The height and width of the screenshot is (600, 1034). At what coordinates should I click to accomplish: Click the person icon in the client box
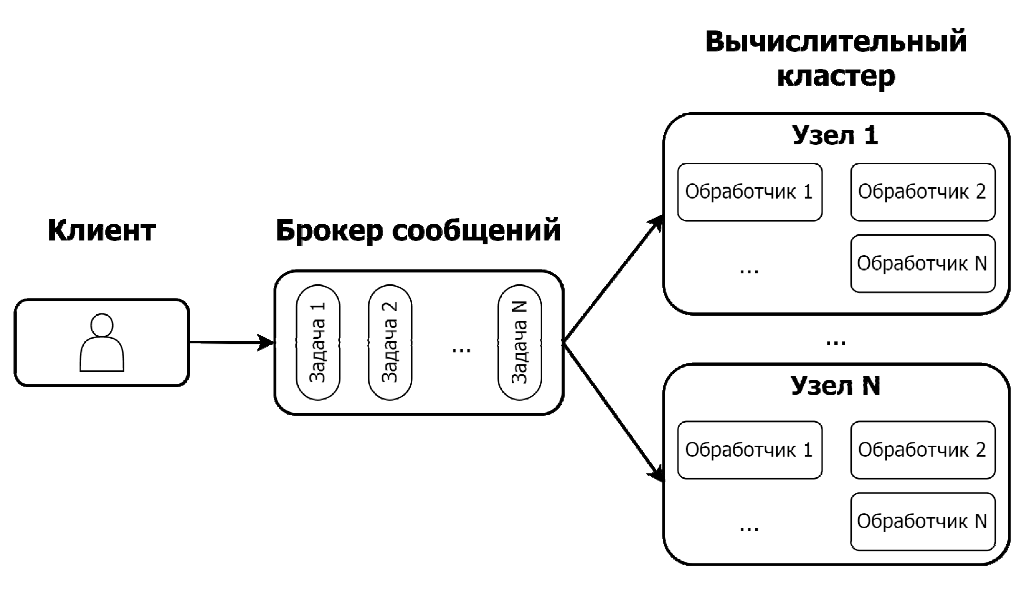(101, 342)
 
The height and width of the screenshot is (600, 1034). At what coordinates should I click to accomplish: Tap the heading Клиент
(101, 230)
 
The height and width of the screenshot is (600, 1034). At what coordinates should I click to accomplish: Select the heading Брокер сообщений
(418, 230)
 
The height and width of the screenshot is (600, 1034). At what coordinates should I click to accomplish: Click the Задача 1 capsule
(318, 342)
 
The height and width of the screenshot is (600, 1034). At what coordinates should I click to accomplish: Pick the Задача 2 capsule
(390, 342)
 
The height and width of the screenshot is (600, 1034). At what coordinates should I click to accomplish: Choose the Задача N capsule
(519, 342)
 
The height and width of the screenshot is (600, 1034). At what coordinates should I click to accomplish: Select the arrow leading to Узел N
(614, 412)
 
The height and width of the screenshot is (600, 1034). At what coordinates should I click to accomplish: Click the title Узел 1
(835, 135)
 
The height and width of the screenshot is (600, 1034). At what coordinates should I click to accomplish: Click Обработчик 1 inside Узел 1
(750, 192)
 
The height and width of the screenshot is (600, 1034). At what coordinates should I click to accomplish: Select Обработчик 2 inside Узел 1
(922, 192)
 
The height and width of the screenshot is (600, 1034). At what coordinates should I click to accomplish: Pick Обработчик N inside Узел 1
(922, 263)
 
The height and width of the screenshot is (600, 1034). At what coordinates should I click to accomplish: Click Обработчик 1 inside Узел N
(750, 450)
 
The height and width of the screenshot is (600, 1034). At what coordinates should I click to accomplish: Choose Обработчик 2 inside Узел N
(922, 450)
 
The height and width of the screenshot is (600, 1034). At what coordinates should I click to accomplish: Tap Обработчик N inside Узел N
(922, 521)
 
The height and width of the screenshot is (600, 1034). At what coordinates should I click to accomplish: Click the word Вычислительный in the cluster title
(836, 42)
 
